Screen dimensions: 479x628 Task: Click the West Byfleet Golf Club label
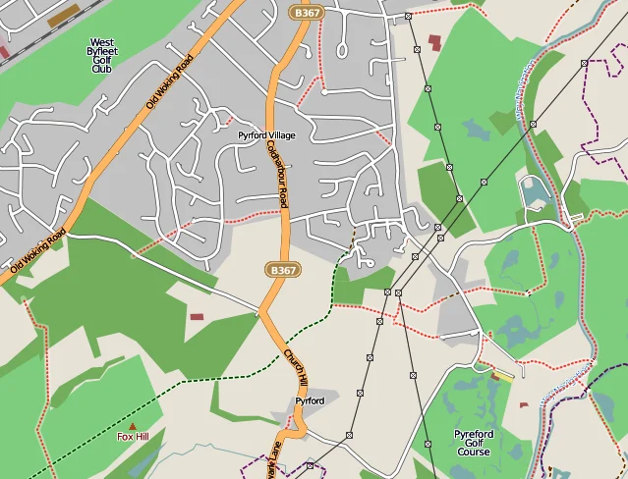(101, 56)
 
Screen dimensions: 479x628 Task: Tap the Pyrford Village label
(266, 134)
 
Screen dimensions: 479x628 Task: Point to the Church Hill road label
(297, 368)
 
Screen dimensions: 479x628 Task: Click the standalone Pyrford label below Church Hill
(310, 400)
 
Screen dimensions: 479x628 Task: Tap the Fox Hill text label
(133, 436)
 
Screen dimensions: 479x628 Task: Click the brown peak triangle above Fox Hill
(133, 425)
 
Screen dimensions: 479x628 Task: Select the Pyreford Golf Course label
(474, 443)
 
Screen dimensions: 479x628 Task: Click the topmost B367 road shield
(307, 12)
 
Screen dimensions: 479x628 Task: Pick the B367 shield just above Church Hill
(281, 269)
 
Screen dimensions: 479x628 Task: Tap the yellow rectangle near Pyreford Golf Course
(502, 373)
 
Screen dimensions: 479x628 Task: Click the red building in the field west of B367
(197, 316)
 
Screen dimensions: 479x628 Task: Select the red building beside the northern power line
(434, 41)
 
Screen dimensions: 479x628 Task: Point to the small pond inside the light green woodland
(476, 128)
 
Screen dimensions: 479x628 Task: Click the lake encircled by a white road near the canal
(535, 191)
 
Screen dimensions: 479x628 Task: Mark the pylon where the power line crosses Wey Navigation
(532, 125)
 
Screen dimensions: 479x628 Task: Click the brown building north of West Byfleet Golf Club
(65, 17)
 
